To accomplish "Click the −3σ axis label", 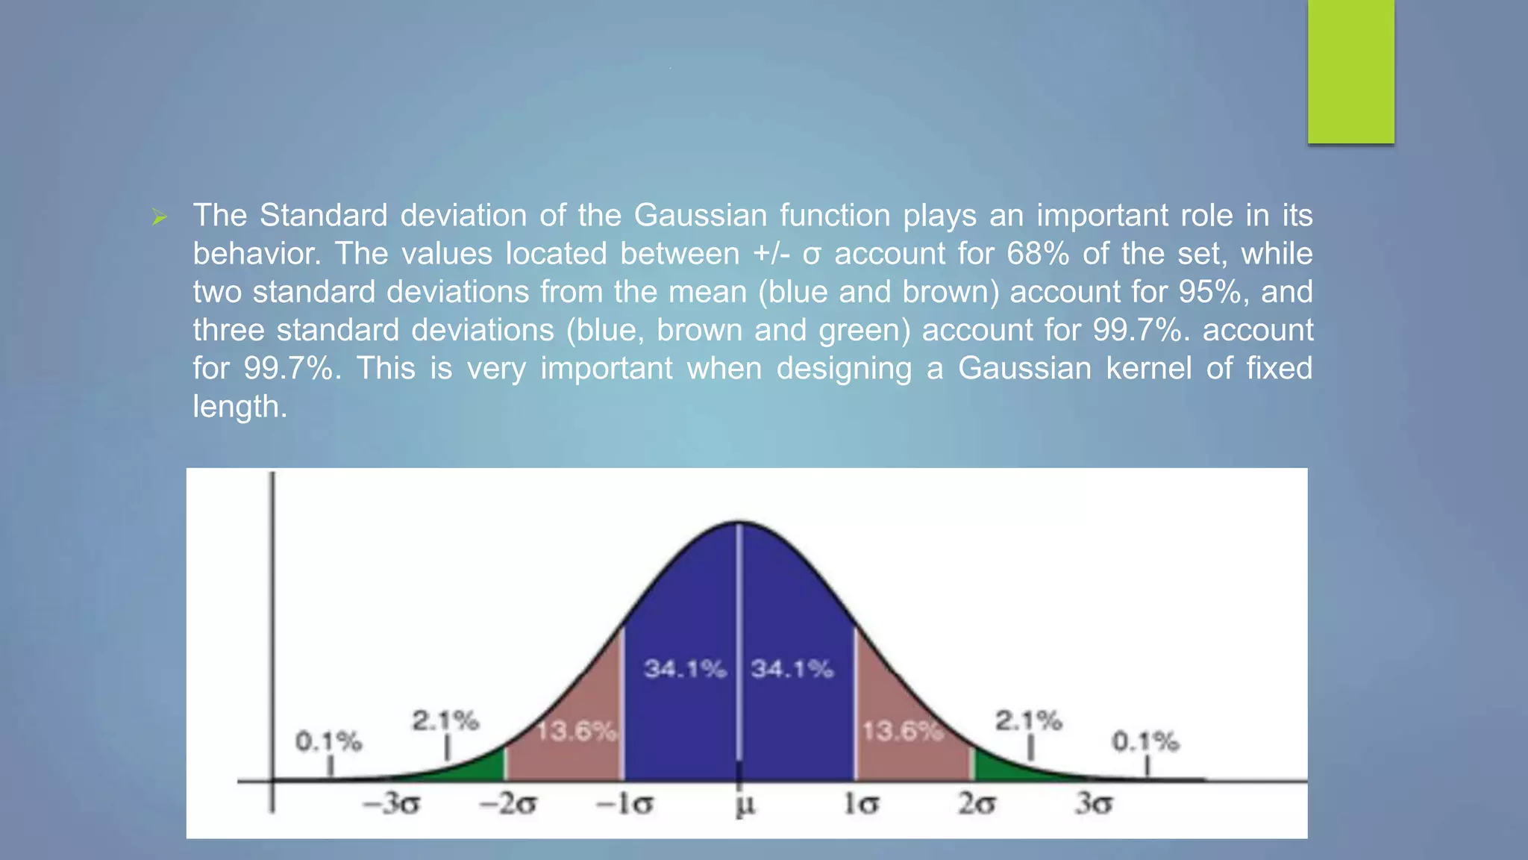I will [391, 804].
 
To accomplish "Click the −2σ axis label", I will [508, 804].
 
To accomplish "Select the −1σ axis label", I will [624, 804].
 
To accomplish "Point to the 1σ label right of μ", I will [861, 804].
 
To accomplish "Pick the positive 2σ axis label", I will [976, 804].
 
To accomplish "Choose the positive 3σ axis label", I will [1094, 804].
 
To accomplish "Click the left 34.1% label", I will [685, 668].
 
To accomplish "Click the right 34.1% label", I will [792, 668].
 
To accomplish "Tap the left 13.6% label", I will [577, 731].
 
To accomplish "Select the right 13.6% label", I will [902, 731].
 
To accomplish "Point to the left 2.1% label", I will [445, 720].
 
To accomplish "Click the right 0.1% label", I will [1145, 741].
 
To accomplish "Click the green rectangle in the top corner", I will [1350, 71].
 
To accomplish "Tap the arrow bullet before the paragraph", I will [159, 218].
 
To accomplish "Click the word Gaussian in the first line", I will [700, 216].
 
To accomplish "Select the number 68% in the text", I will [1038, 254].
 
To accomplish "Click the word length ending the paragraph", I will [239, 407].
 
